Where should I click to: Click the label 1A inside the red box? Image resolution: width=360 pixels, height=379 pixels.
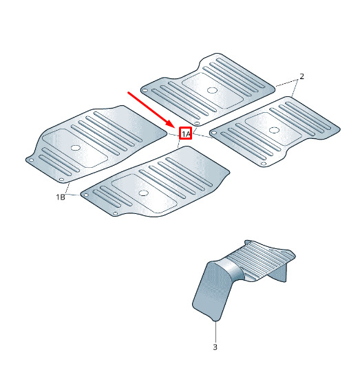pyautogui.click(x=186, y=133)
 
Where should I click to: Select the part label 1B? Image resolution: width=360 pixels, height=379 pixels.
pyautogui.click(x=61, y=197)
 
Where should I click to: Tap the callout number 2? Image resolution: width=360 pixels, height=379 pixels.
pyautogui.click(x=301, y=76)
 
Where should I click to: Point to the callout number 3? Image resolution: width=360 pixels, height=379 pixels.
pyautogui.click(x=215, y=347)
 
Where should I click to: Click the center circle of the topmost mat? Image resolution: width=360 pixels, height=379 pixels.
pyautogui.click(x=212, y=90)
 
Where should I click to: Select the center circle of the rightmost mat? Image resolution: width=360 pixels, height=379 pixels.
pyautogui.click(x=274, y=130)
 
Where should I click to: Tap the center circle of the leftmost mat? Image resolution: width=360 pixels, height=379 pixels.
pyautogui.click(x=76, y=148)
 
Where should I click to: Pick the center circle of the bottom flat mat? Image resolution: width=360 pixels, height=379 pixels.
pyautogui.click(x=143, y=193)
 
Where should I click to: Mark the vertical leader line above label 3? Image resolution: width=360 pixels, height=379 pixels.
pyautogui.click(x=215, y=332)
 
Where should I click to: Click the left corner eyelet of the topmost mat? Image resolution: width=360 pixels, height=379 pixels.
pyautogui.click(x=145, y=91)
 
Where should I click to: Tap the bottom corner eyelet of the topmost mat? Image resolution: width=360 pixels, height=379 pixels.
pyautogui.click(x=197, y=123)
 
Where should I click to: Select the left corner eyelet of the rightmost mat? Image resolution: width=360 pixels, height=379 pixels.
pyautogui.click(x=214, y=132)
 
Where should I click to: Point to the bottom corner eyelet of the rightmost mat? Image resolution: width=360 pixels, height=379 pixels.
pyautogui.click(x=264, y=164)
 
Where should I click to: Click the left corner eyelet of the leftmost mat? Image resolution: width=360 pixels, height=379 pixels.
pyautogui.click(x=31, y=160)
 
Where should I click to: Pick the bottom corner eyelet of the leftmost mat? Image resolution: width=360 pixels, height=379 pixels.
pyautogui.click(x=61, y=180)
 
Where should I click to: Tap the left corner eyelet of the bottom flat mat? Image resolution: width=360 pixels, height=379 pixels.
pyautogui.click(x=86, y=195)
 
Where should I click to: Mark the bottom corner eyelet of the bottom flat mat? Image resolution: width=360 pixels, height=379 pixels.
pyautogui.click(x=115, y=214)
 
